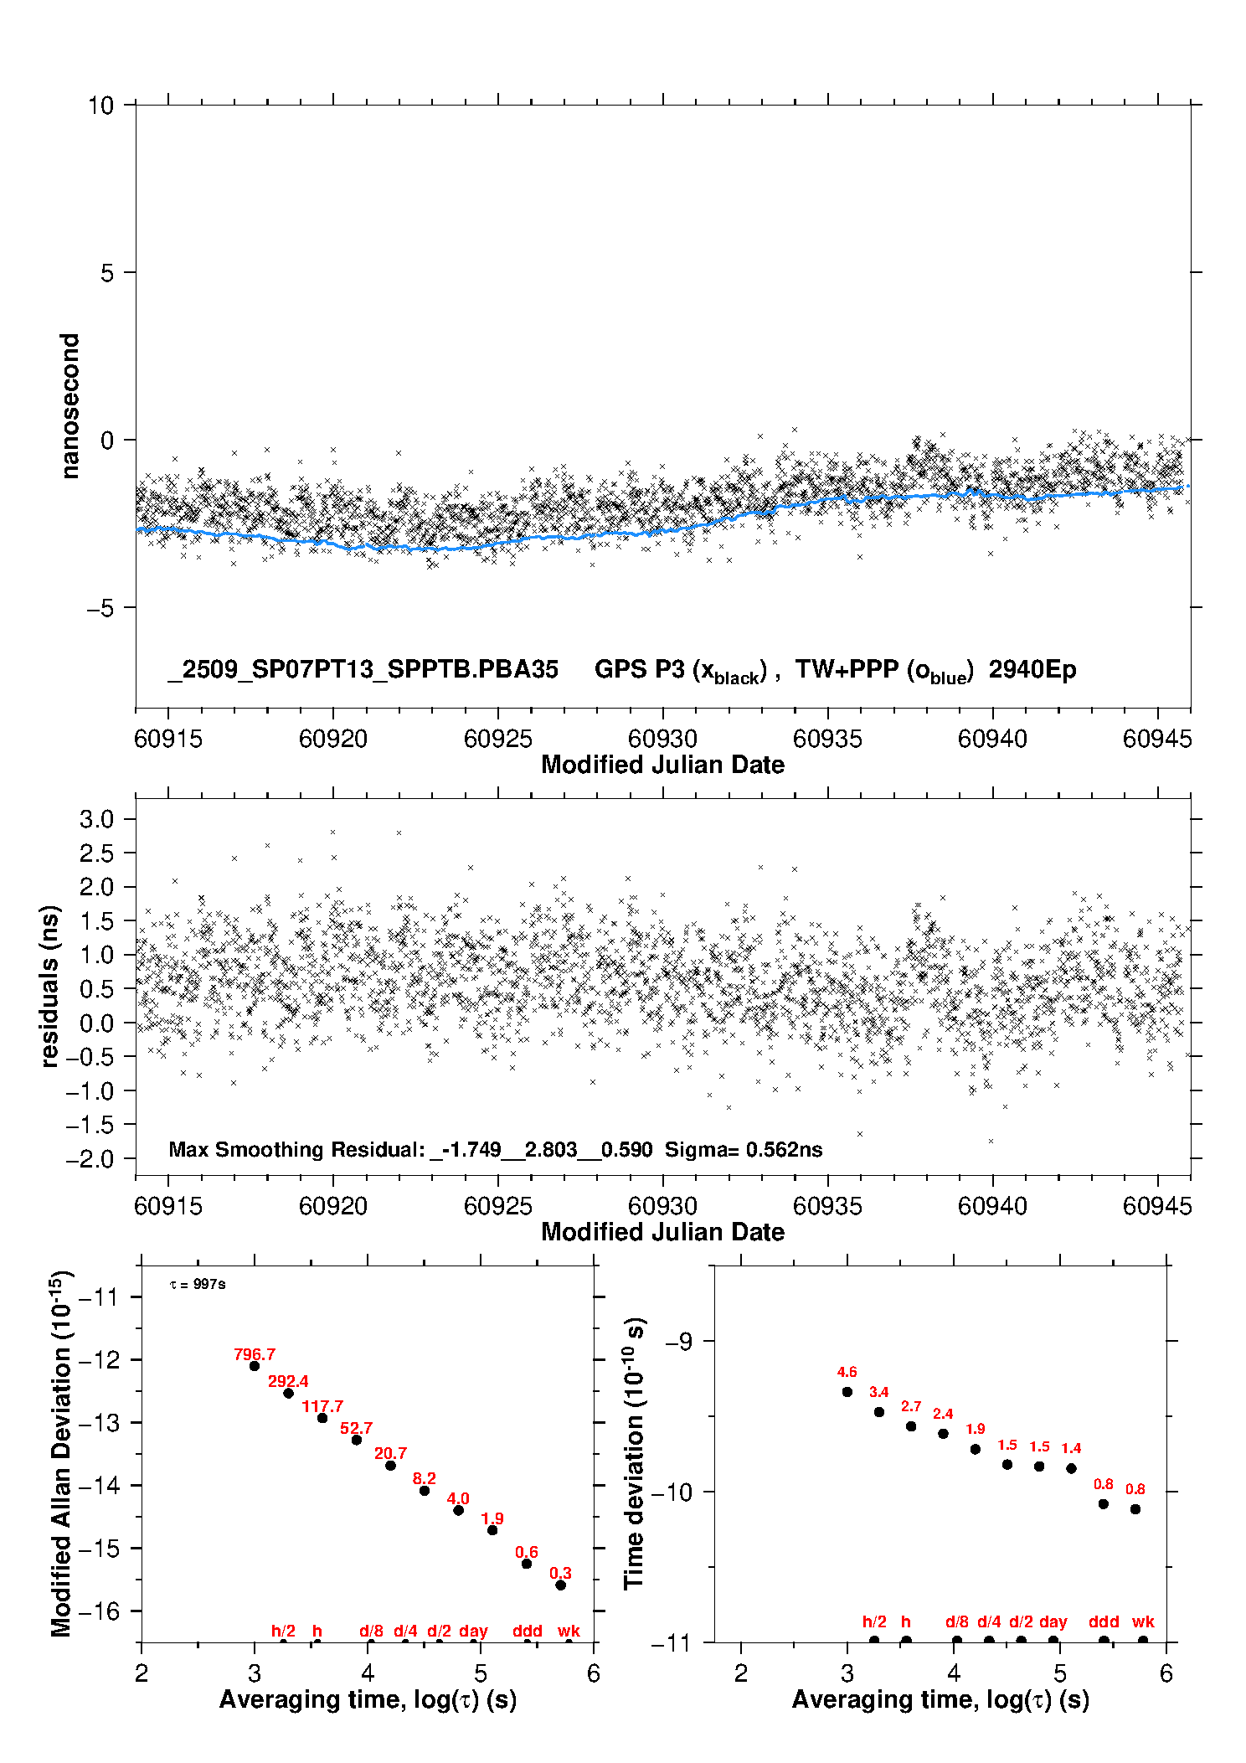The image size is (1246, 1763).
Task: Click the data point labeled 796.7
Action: pyautogui.click(x=255, y=1366)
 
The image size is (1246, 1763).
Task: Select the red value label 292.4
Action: pyautogui.click(x=288, y=1381)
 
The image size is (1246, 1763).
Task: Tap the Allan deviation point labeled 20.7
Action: pyautogui.click(x=390, y=1466)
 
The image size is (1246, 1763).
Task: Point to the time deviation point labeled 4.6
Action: pyautogui.click(x=847, y=1392)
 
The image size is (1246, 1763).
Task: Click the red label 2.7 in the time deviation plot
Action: pyautogui.click(x=911, y=1406)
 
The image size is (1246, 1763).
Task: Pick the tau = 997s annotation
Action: pyautogui.click(x=198, y=1285)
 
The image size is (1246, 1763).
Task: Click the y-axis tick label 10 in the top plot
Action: pyautogui.click(x=100, y=106)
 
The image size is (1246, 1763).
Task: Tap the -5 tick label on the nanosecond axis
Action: pyautogui.click(x=100, y=608)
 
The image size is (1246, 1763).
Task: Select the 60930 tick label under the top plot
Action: pyautogui.click(x=662, y=739)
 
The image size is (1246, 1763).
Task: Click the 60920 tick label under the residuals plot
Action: pyautogui.click(x=333, y=1206)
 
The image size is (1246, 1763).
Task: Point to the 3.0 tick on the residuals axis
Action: pyautogui.click(x=96, y=819)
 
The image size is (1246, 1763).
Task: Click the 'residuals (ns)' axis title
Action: pyautogui.click(x=50, y=986)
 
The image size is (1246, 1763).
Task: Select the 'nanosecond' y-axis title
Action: pyautogui.click(x=70, y=405)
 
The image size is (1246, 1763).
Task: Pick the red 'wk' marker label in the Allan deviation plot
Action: pyautogui.click(x=569, y=1631)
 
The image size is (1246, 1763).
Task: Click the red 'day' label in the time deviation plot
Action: pyautogui.click(x=1053, y=1621)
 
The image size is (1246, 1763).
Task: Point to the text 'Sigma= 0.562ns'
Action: pyautogui.click(x=744, y=1150)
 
